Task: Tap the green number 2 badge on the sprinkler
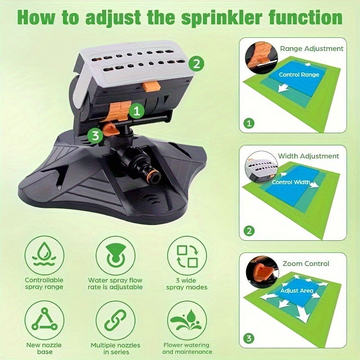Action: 196,63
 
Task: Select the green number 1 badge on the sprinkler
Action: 137,111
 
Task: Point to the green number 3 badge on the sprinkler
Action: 95,135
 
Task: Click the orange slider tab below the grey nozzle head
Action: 151,87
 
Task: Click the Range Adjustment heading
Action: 311,49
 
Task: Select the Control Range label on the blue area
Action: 299,75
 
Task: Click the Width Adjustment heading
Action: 309,156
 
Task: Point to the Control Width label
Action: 291,182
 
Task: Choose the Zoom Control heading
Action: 306,264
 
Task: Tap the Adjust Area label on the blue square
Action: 297,291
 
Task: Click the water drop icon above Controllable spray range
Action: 44,256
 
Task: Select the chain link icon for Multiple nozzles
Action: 116,320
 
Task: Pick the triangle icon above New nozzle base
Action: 44,320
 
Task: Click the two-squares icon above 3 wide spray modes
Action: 187,256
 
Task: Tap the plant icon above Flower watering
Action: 187,320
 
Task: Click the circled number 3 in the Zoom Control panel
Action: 249,338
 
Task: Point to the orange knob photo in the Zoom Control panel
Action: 262,272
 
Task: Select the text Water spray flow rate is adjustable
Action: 115,283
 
